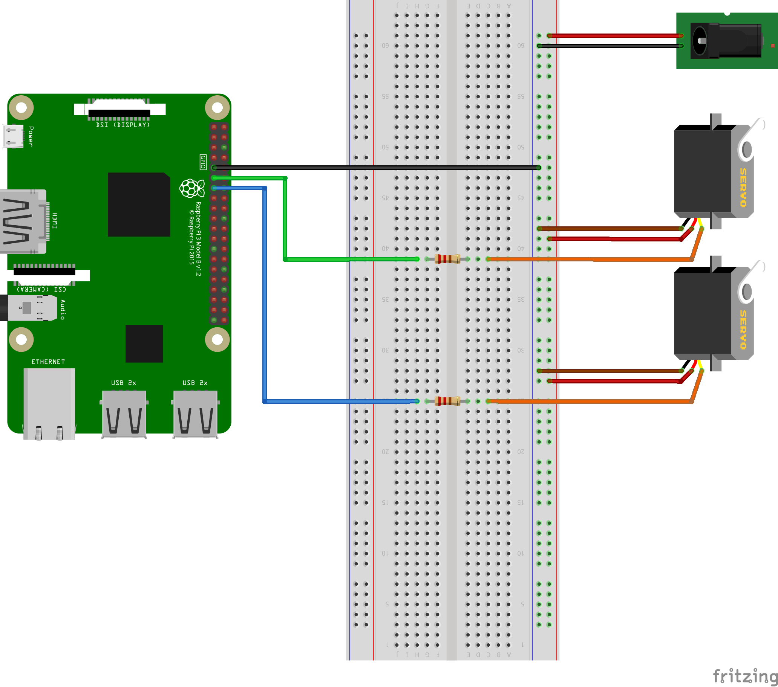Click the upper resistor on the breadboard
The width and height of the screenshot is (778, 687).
coord(447,259)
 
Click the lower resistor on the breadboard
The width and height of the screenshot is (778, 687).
coord(447,401)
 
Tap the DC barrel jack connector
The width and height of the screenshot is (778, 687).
coord(726,41)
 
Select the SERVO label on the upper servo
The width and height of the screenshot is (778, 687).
coord(743,188)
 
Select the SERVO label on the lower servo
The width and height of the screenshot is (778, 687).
coord(743,330)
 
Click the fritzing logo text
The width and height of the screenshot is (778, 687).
coord(745,676)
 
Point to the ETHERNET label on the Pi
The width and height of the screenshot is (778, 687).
coord(48,362)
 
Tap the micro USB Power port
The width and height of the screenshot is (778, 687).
coord(13,136)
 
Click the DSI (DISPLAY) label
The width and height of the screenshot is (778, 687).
coord(123,125)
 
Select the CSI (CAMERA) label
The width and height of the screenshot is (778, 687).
coord(41,289)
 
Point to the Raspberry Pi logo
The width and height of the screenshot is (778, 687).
coord(191,188)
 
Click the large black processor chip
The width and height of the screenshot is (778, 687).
coord(139,204)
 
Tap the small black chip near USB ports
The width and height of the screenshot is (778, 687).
coord(144,343)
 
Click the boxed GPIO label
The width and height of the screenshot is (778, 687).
coord(203,162)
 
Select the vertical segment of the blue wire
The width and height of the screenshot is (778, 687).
coord(265,297)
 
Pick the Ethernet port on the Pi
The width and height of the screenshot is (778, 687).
coord(49,403)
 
